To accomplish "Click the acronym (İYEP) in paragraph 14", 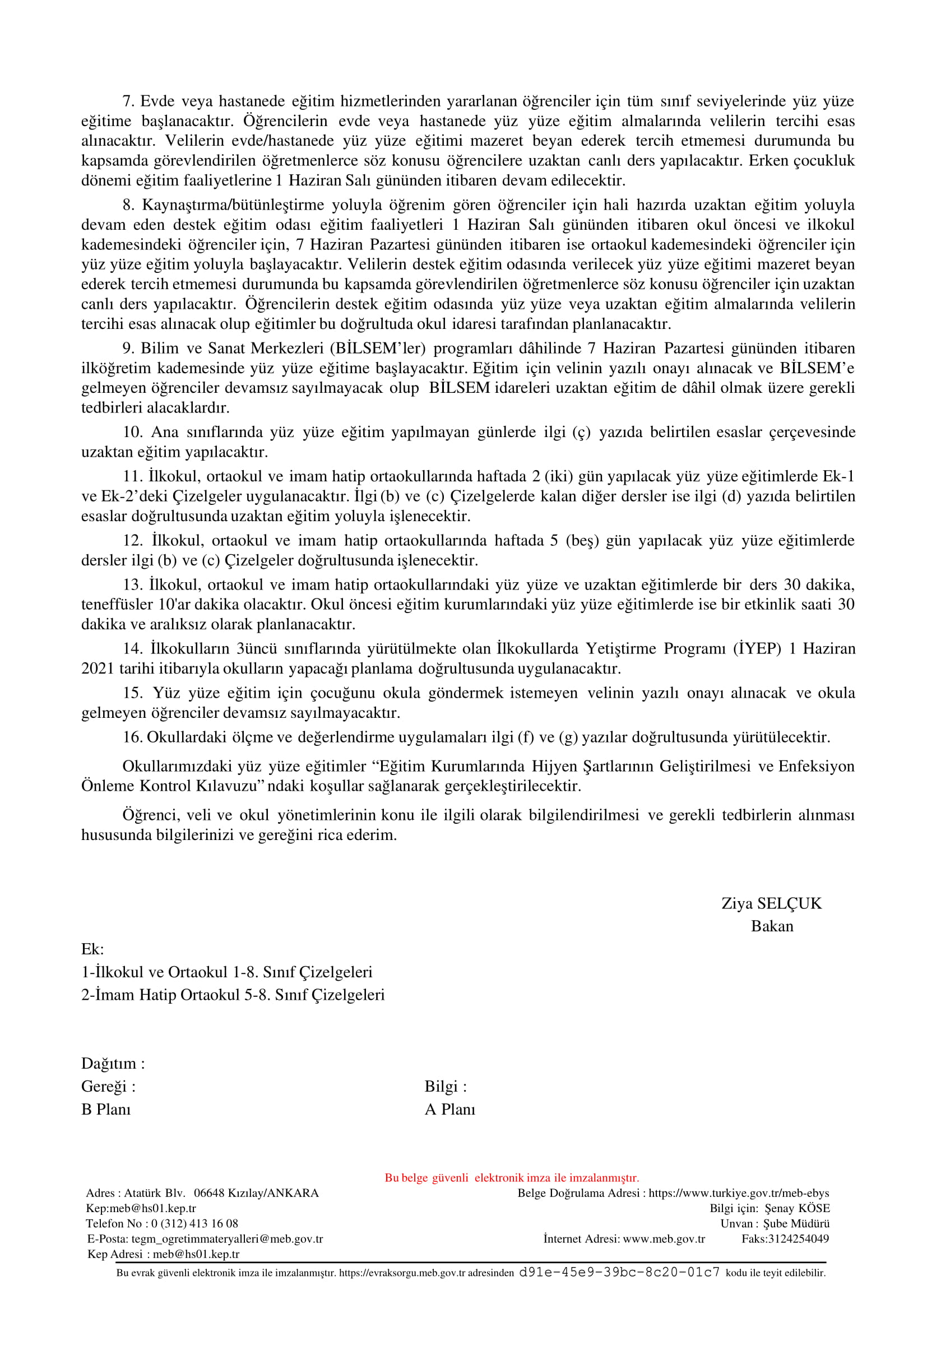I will (757, 648).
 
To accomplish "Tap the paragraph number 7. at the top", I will (128, 101).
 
